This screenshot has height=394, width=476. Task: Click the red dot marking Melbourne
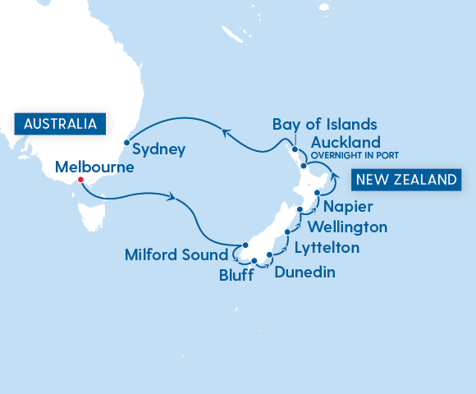(80, 181)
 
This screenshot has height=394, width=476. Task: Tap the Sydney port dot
(126, 143)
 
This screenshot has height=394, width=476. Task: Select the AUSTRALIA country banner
(60, 124)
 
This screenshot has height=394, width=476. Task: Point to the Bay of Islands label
(325, 125)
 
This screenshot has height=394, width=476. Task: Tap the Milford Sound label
(176, 254)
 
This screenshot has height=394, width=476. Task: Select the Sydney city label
(158, 150)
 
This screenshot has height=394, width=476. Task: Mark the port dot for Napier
(317, 192)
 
